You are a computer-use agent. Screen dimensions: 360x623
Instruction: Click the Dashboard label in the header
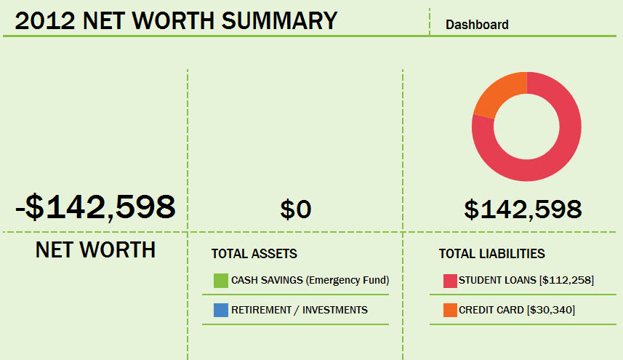(x=477, y=25)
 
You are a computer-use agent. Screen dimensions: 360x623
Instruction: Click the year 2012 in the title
(x=46, y=20)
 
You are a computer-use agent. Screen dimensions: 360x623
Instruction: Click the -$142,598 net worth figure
(x=95, y=207)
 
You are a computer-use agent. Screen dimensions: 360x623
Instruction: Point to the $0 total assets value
(x=296, y=209)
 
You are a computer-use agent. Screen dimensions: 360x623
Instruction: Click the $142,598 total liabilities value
(x=523, y=209)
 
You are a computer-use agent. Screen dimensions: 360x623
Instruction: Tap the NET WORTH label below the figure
(x=95, y=250)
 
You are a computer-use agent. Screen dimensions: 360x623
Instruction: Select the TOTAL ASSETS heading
(x=254, y=254)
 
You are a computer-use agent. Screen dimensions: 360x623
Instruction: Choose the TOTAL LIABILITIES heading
(x=491, y=254)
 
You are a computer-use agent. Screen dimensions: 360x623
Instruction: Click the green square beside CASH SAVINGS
(x=221, y=280)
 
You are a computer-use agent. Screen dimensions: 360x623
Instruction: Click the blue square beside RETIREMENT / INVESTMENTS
(x=221, y=310)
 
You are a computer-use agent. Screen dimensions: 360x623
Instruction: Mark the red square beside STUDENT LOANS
(x=450, y=280)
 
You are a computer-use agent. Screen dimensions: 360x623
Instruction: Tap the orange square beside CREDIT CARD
(x=450, y=310)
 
